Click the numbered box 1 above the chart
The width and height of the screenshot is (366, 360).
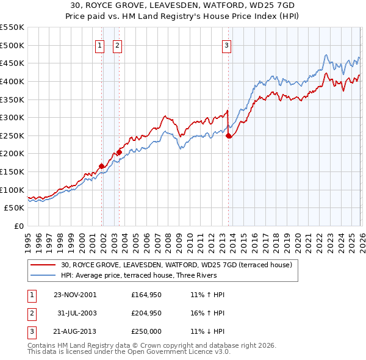pos(99,44)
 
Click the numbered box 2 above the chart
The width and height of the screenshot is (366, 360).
pos(117,44)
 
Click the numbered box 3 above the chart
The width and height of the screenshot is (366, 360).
pos(226,44)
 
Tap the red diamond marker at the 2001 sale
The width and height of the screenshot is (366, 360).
pos(101,165)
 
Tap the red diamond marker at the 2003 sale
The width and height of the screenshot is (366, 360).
pos(119,151)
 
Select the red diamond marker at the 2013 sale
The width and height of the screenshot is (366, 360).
pos(229,136)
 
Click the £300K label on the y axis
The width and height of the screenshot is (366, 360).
pos(12,117)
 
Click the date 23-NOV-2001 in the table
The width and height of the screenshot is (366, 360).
pos(74,294)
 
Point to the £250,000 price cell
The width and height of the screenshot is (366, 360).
pos(146,332)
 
